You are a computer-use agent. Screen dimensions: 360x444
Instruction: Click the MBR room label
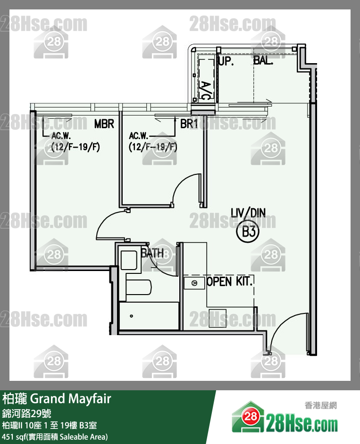click(104, 124)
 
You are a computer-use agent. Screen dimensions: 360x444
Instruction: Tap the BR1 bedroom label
click(189, 124)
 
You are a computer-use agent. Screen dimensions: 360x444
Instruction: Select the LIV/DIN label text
click(248, 213)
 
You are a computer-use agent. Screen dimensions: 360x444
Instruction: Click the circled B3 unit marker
click(248, 231)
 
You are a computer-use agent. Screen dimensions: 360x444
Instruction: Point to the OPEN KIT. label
click(230, 281)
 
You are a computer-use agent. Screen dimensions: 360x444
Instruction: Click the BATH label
click(152, 253)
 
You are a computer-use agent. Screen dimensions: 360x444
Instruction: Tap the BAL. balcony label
click(263, 60)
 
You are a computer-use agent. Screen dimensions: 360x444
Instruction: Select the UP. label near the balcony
click(226, 61)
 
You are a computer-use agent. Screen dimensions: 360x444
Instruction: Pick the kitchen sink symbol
click(194, 283)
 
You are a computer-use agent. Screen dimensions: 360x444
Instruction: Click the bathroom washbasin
click(129, 260)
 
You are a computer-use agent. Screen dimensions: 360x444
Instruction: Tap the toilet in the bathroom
click(138, 287)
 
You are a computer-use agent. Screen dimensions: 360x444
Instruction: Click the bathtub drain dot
click(131, 316)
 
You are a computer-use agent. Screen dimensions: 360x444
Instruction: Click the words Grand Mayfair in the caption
click(71, 399)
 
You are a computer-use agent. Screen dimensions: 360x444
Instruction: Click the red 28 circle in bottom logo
click(251, 416)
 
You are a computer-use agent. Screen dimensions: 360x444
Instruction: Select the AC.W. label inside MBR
click(61, 136)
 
